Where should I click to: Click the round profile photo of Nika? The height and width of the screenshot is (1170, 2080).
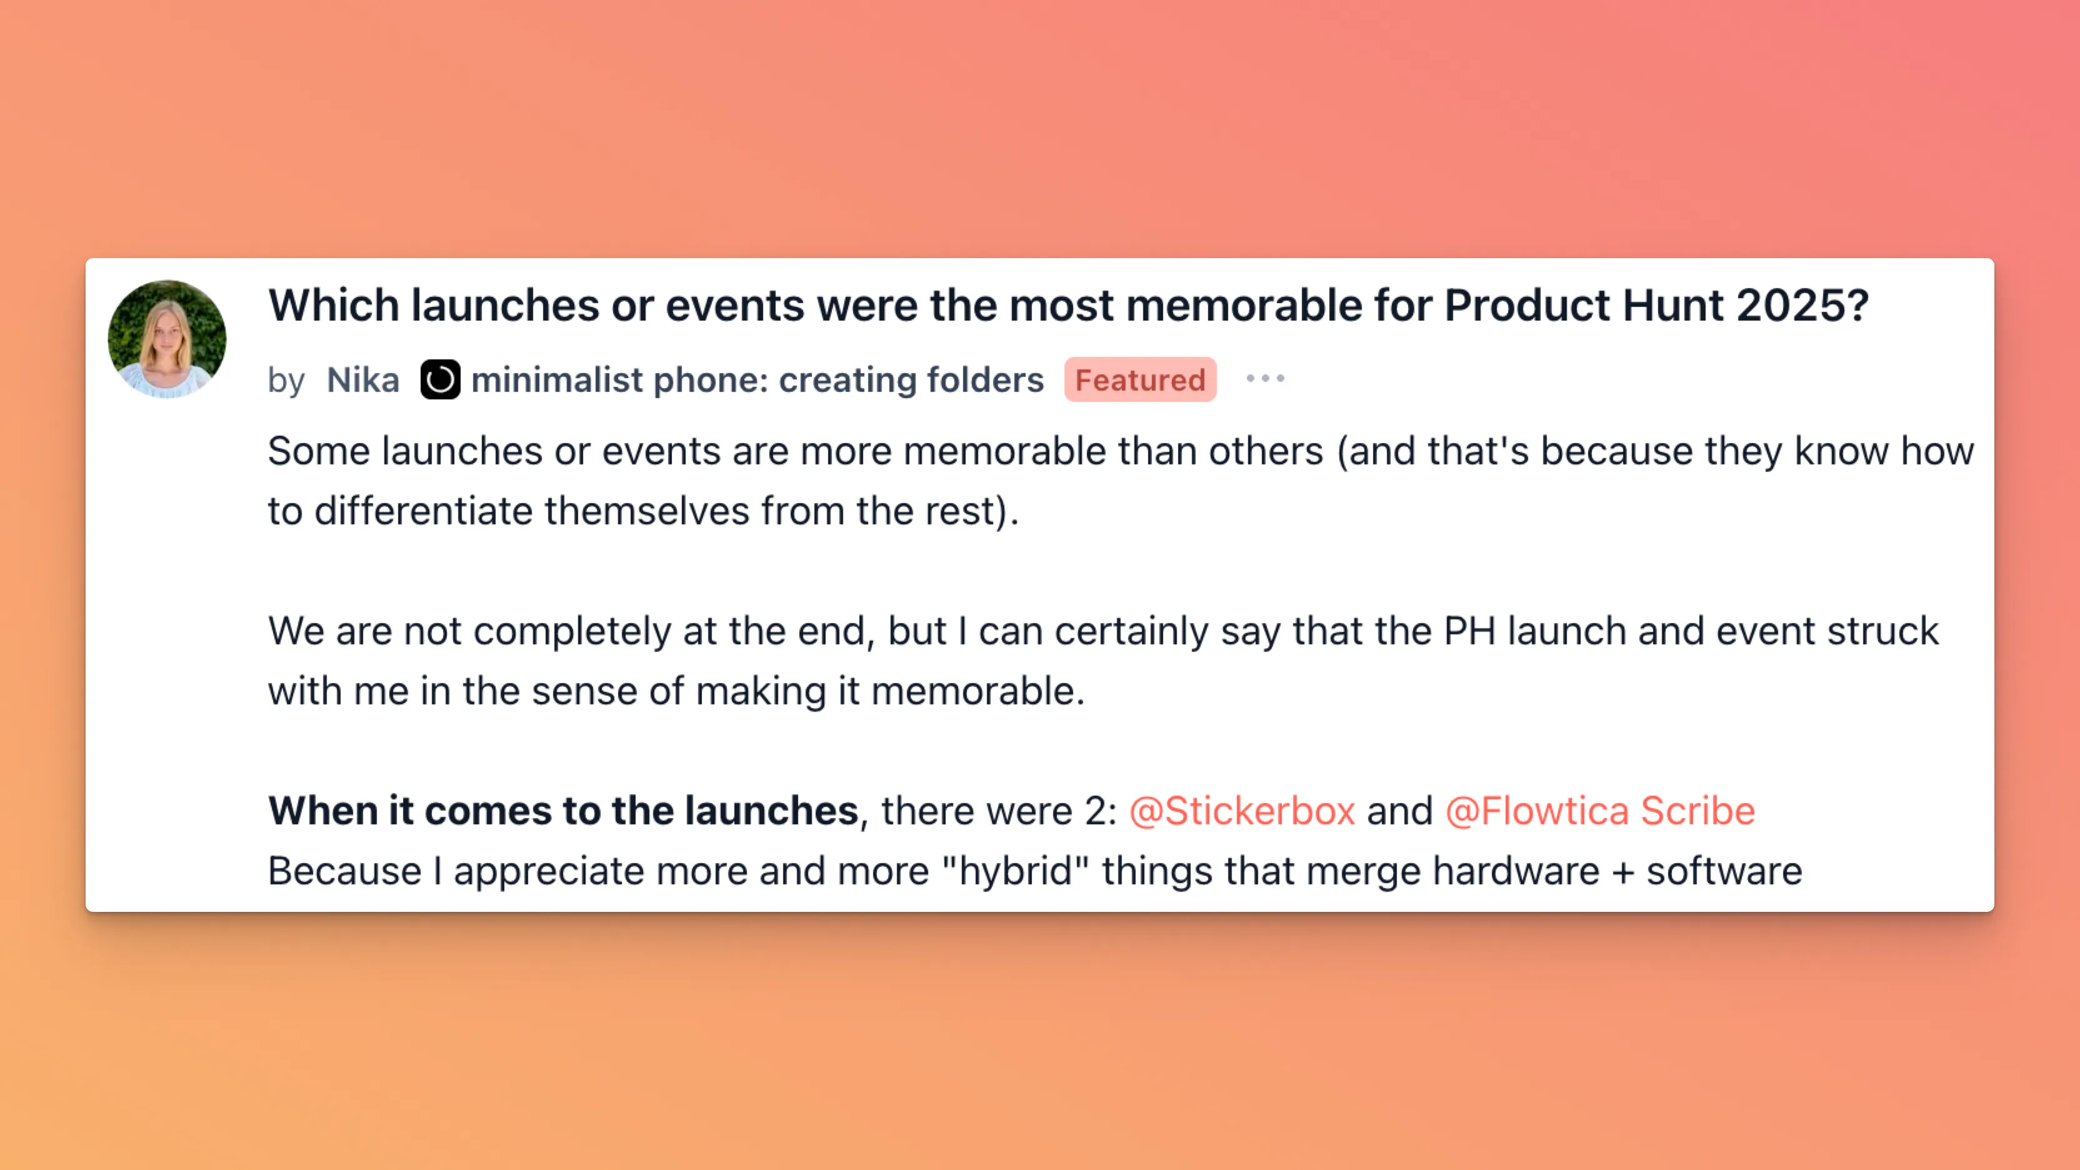click(167, 339)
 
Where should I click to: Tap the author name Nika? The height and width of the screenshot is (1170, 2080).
click(362, 379)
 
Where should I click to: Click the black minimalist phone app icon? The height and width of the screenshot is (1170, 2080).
click(440, 379)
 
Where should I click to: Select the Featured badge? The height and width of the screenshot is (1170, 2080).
click(1140, 379)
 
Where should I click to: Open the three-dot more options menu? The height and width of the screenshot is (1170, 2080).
click(1265, 378)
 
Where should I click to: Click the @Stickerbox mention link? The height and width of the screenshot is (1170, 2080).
click(1242, 811)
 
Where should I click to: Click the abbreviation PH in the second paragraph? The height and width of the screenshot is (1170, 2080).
click(1469, 631)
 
